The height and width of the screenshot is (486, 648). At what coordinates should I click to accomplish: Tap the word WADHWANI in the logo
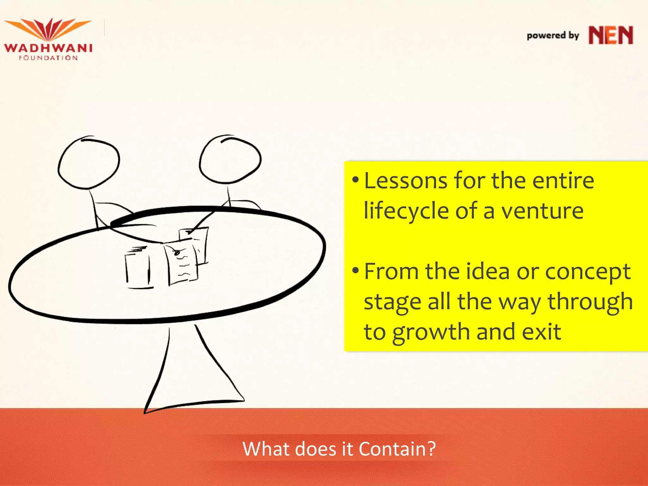(48, 48)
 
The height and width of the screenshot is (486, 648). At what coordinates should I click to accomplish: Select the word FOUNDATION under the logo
(48, 58)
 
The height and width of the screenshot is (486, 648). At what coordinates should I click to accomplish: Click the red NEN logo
(611, 35)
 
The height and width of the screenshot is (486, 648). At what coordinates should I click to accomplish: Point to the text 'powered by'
(553, 35)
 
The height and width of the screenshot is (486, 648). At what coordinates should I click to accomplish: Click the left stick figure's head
(89, 163)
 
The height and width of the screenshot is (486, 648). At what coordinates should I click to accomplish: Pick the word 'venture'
(543, 211)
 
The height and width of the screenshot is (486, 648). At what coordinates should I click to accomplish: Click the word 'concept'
(588, 272)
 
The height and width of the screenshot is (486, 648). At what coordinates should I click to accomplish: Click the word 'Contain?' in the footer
(397, 449)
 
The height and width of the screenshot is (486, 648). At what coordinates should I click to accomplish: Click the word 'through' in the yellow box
(590, 302)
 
